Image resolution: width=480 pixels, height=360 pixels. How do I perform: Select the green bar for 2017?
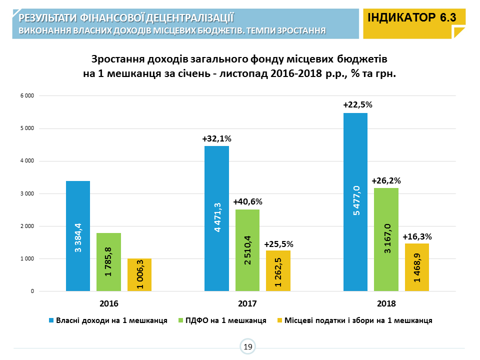click(247, 250)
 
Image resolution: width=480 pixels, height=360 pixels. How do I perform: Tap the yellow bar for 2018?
click(417, 267)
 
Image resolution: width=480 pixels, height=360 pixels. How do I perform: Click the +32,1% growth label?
click(216, 138)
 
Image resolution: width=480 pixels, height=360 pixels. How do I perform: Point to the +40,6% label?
click(247, 202)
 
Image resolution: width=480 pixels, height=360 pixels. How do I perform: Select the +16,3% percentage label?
click(417, 236)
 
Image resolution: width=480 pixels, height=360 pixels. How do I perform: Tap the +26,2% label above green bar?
click(386, 180)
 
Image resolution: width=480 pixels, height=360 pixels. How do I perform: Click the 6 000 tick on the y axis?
click(26, 96)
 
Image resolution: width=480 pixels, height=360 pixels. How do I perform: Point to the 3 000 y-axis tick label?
click(26, 194)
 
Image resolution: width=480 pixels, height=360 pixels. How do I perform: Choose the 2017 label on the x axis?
click(247, 303)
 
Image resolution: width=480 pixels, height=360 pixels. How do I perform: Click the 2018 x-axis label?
click(386, 303)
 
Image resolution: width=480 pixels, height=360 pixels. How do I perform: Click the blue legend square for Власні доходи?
click(51, 320)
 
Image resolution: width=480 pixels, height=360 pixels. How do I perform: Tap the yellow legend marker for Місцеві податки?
click(279, 320)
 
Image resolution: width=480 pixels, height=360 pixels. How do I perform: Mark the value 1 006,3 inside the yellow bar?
click(139, 274)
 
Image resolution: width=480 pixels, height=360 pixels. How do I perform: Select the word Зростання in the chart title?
click(118, 59)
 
